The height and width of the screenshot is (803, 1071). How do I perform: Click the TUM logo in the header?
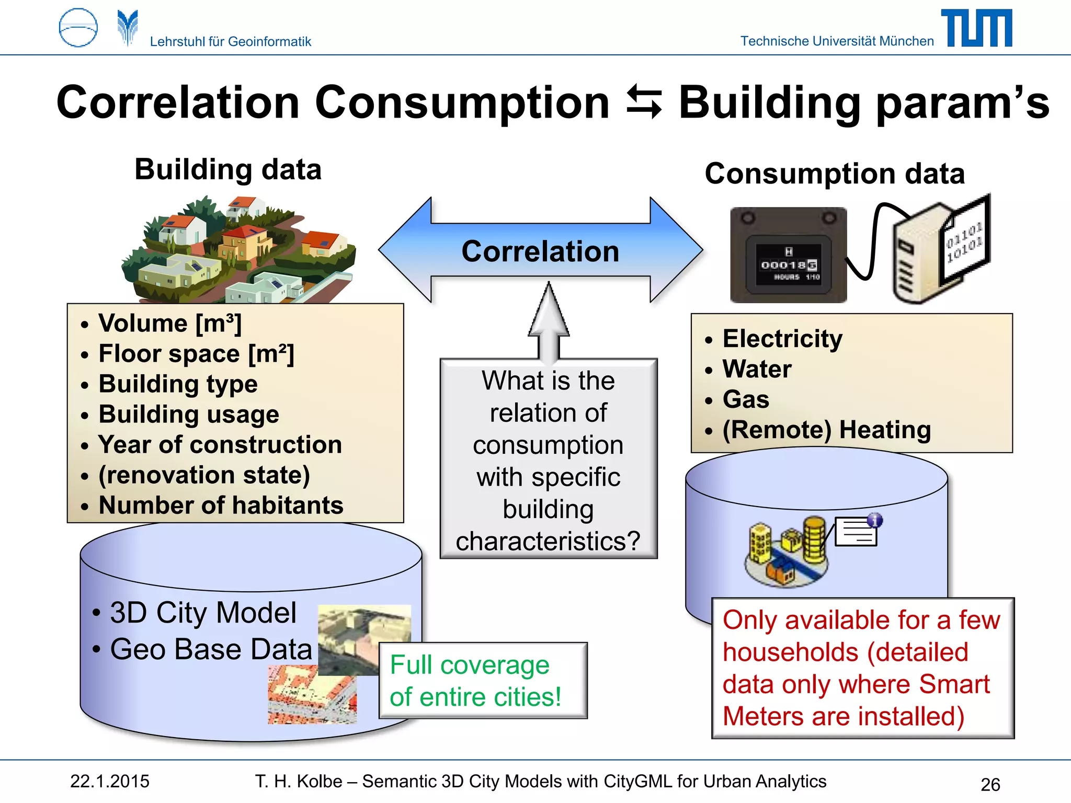click(976, 28)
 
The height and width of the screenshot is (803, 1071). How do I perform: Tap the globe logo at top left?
click(78, 28)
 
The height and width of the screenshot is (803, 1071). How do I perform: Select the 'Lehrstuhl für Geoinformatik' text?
click(230, 41)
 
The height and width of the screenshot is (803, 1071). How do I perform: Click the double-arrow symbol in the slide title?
click(644, 101)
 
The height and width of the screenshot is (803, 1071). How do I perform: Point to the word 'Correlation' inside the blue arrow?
click(540, 251)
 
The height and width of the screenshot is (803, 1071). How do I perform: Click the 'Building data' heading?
click(228, 169)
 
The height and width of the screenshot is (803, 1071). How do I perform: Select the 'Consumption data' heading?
click(835, 174)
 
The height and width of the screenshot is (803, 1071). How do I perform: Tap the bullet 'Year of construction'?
click(220, 445)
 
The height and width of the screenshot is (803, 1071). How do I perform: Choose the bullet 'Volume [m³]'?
click(170, 323)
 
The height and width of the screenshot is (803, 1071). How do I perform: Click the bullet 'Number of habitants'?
click(221, 506)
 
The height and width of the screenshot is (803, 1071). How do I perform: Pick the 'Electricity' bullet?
click(782, 339)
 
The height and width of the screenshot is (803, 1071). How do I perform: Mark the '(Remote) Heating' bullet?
click(826, 430)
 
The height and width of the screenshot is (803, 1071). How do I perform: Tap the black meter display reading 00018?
click(788, 265)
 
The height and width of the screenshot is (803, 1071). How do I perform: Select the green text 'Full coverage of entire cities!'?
click(475, 681)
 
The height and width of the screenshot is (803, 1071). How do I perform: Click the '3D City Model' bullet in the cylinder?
click(203, 613)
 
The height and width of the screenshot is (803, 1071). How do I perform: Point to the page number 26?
click(990, 784)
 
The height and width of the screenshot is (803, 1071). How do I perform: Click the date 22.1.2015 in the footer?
click(110, 781)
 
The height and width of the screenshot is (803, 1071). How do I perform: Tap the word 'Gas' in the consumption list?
click(746, 399)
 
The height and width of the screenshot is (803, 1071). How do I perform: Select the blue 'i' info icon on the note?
click(875, 520)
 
